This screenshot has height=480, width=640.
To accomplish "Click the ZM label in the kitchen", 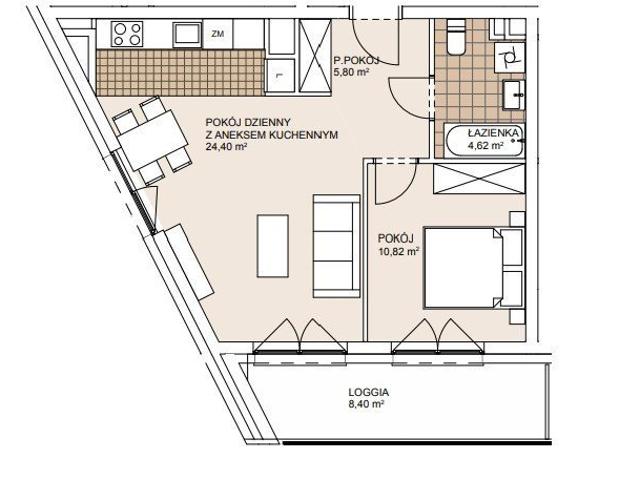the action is click(218, 34).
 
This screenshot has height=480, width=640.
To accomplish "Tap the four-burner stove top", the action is click(128, 34).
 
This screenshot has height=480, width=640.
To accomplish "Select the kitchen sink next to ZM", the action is click(187, 35).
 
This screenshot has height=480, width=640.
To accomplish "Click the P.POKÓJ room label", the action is click(356, 61).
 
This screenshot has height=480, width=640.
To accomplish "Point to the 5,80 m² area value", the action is click(351, 73).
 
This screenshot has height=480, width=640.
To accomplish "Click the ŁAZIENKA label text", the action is click(493, 133).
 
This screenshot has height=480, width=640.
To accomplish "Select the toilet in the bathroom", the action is click(456, 38).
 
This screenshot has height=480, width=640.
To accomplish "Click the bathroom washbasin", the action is click(513, 95).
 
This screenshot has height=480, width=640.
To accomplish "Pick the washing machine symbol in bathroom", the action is click(509, 57).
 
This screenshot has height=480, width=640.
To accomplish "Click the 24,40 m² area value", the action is click(226, 147).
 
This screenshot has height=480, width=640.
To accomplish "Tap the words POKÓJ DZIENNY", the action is click(248, 122).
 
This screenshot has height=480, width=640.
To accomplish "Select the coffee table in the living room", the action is click(273, 246).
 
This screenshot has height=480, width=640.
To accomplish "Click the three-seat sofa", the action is click(336, 246).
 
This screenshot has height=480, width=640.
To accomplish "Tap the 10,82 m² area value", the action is click(399, 251).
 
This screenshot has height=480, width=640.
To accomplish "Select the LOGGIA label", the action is click(369, 393).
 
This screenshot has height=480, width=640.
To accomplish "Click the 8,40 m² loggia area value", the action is click(366, 404).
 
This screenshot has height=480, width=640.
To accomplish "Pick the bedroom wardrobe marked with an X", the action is click(478, 178).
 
